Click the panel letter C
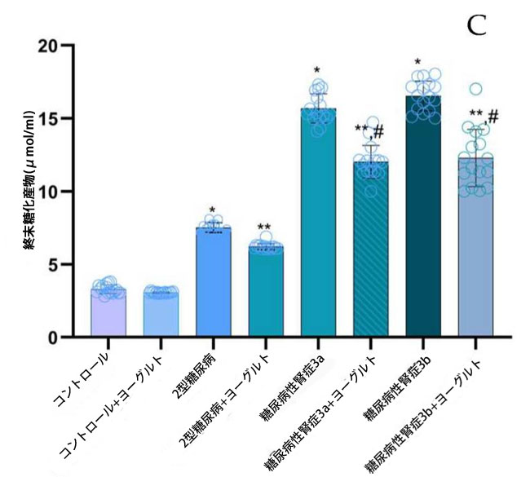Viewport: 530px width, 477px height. [x=476, y=25]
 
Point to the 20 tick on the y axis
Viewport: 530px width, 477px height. [x=62, y=46]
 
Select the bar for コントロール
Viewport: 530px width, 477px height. [x=108, y=314]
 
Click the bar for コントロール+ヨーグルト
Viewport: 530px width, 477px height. [x=160, y=314]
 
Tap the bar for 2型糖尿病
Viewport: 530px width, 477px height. [x=213, y=281]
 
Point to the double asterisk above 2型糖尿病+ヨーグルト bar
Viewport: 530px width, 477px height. [x=265, y=227]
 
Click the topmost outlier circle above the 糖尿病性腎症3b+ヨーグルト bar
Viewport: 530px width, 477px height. [x=475, y=89]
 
